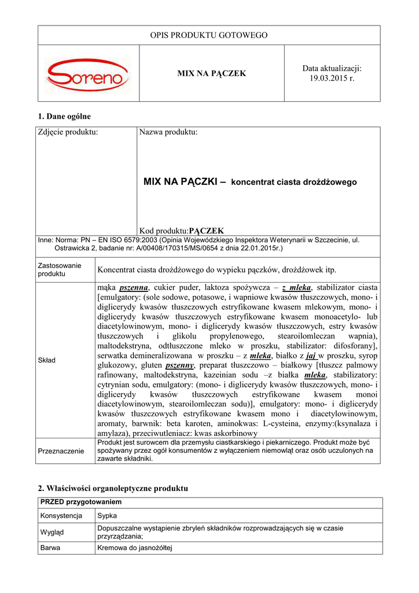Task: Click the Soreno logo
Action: pyautogui.click(x=88, y=74)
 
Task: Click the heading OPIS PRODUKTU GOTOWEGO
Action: pyautogui.click(x=209, y=35)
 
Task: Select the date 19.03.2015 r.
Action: pyautogui.click(x=332, y=78)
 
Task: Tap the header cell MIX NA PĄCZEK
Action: pyautogui.click(x=211, y=74)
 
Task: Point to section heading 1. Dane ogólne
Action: pyautogui.click(x=64, y=116)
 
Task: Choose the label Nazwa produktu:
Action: pyautogui.click(x=168, y=133)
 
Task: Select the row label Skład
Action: pyautogui.click(x=47, y=360)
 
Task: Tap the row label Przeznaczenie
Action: pyautogui.click(x=61, y=451)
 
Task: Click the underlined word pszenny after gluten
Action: pyautogui.click(x=179, y=366)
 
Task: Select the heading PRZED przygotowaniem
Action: pyautogui.click(x=80, y=502)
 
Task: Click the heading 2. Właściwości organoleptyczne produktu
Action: pyautogui.click(x=113, y=488)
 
